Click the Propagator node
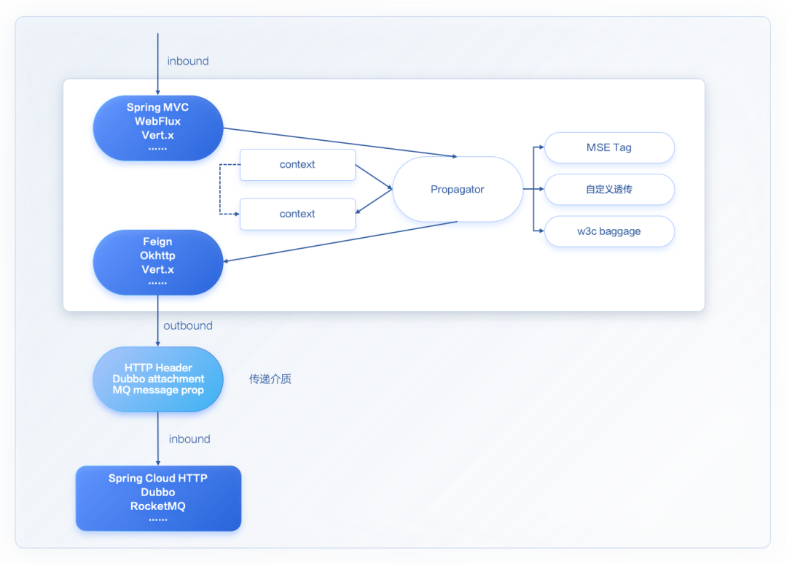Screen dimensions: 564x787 (458, 190)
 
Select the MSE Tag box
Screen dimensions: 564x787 (609, 147)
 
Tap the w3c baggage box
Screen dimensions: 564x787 (609, 231)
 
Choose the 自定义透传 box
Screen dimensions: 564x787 (609, 190)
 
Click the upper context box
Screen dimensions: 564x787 (297, 165)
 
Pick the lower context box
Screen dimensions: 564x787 (297, 214)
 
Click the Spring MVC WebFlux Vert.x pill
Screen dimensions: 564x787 (158, 128)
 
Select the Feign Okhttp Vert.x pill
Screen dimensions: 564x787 (158, 262)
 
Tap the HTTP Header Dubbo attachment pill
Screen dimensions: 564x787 (158, 379)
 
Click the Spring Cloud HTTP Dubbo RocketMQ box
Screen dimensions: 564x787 (158, 498)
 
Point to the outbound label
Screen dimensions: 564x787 (188, 326)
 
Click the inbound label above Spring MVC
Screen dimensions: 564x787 (188, 61)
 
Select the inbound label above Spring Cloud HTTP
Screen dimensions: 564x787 (189, 439)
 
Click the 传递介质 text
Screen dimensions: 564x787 (270, 379)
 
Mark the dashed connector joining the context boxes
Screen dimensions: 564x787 (220, 190)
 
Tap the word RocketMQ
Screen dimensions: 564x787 (158, 506)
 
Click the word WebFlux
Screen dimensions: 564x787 (158, 121)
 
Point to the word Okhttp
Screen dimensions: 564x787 (158, 256)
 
